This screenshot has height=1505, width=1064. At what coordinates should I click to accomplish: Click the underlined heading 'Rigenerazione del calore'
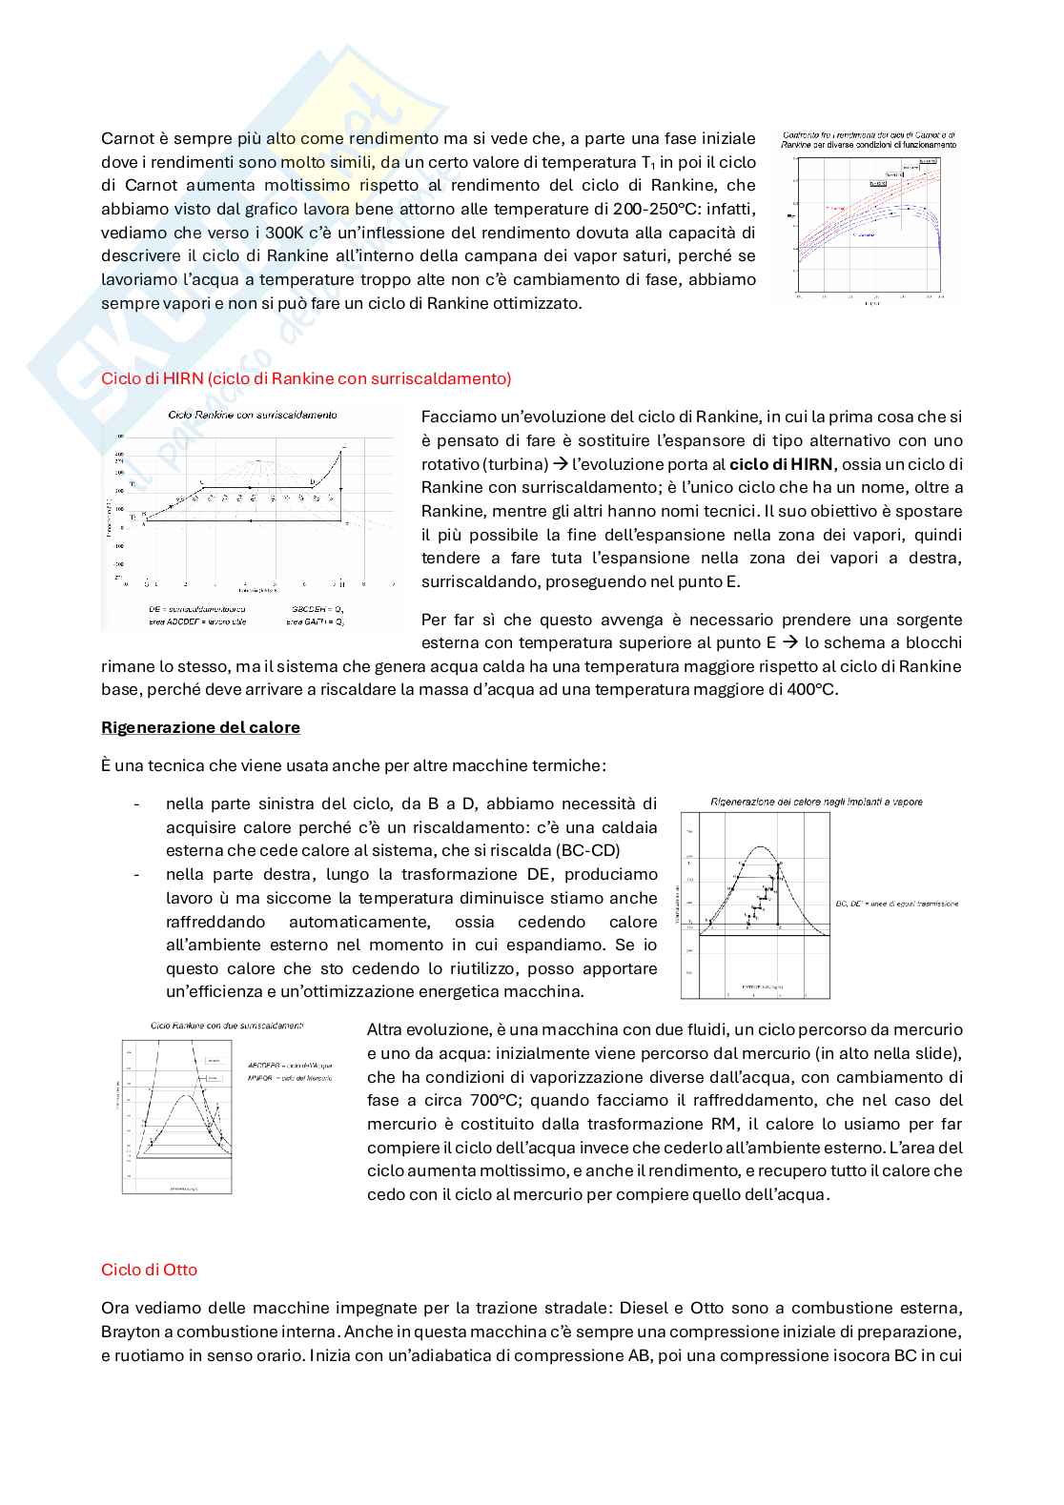(200, 727)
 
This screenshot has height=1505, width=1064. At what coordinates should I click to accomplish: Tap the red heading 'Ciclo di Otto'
(149, 1270)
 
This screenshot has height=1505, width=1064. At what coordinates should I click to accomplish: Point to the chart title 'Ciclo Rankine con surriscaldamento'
(252, 416)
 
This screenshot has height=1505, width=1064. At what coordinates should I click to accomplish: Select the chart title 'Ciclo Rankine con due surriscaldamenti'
(227, 1026)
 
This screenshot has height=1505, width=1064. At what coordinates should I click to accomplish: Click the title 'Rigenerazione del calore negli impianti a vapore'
(816, 802)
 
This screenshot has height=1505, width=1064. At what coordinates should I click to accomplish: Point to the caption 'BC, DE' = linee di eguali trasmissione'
(896, 904)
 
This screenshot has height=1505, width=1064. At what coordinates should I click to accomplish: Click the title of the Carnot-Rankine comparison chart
(869, 140)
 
